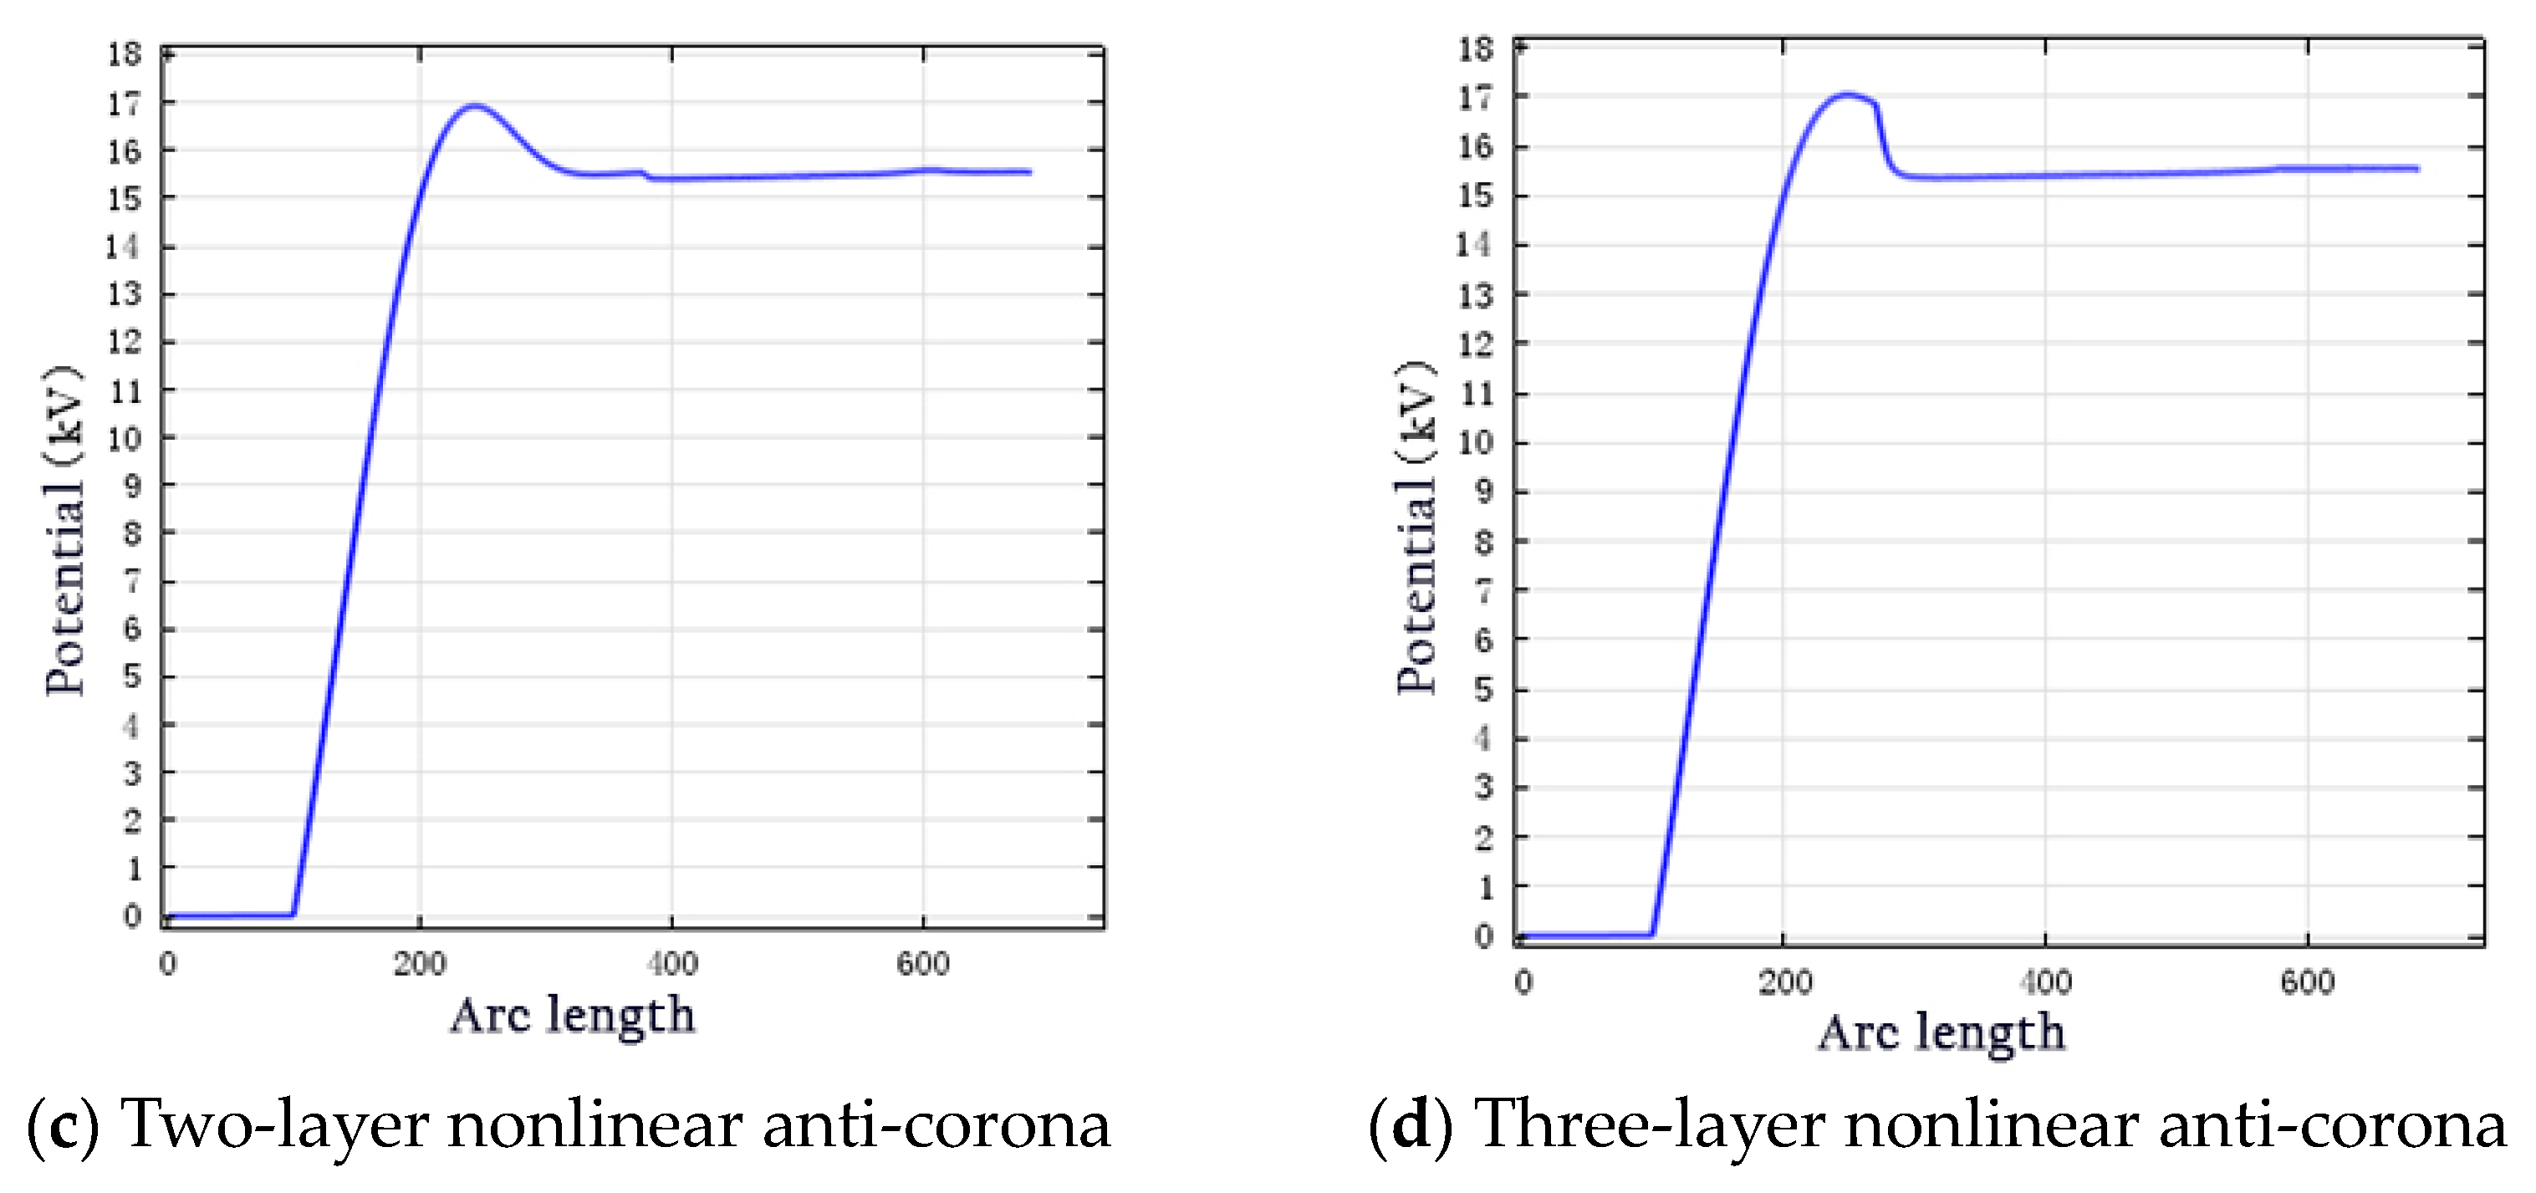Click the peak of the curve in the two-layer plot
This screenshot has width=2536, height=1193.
[476, 105]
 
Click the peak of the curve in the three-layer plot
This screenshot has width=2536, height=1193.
[1846, 95]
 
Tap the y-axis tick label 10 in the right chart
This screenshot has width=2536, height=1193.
[1475, 443]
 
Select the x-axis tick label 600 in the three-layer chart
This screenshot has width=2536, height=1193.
[2307, 981]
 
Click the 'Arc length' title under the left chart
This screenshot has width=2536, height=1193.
[572, 1016]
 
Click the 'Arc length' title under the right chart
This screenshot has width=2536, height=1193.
[1941, 1033]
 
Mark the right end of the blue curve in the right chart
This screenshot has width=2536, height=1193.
[2417, 168]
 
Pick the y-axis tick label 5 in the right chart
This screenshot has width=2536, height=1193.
[1483, 689]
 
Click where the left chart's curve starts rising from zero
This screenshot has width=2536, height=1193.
[293, 914]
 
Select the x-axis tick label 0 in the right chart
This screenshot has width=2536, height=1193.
[1523, 981]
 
